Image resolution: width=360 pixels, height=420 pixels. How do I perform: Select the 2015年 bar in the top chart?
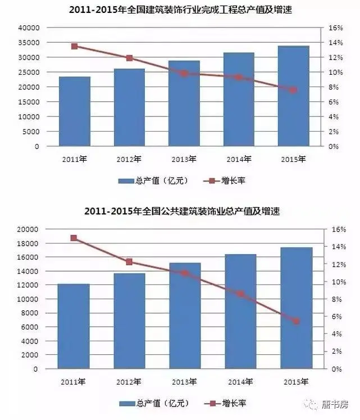point(294,96)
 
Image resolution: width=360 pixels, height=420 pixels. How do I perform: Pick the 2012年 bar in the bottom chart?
point(129,321)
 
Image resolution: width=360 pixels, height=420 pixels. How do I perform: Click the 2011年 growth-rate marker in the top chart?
point(74,46)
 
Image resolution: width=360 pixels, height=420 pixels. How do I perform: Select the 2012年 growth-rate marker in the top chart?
point(129,58)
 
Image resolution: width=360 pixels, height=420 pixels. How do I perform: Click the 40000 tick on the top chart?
point(29,28)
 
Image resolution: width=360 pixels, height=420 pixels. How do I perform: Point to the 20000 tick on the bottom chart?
point(26,229)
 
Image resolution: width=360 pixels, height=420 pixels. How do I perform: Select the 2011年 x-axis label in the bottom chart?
point(74,382)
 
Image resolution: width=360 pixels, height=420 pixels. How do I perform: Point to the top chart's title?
point(180,10)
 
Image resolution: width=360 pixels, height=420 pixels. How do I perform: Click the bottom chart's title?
point(181,211)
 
